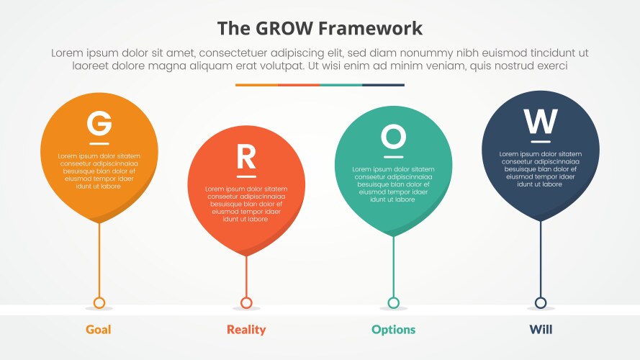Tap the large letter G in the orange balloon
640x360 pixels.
coord(99,122)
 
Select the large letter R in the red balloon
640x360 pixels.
coord(246,156)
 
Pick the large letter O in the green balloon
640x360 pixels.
coord(393,135)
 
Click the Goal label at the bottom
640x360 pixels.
coord(99,330)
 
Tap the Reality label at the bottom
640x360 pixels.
coord(246,330)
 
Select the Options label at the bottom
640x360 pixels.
coord(393,330)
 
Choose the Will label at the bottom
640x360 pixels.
coord(541,330)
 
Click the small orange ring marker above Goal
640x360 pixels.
coord(99,302)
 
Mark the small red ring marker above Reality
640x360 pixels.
coord(246,302)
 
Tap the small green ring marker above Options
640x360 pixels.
coord(393,302)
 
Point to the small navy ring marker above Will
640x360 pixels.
coord(541,302)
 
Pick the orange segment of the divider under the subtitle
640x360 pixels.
coord(256,85)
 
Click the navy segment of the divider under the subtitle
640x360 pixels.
coord(383,85)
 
